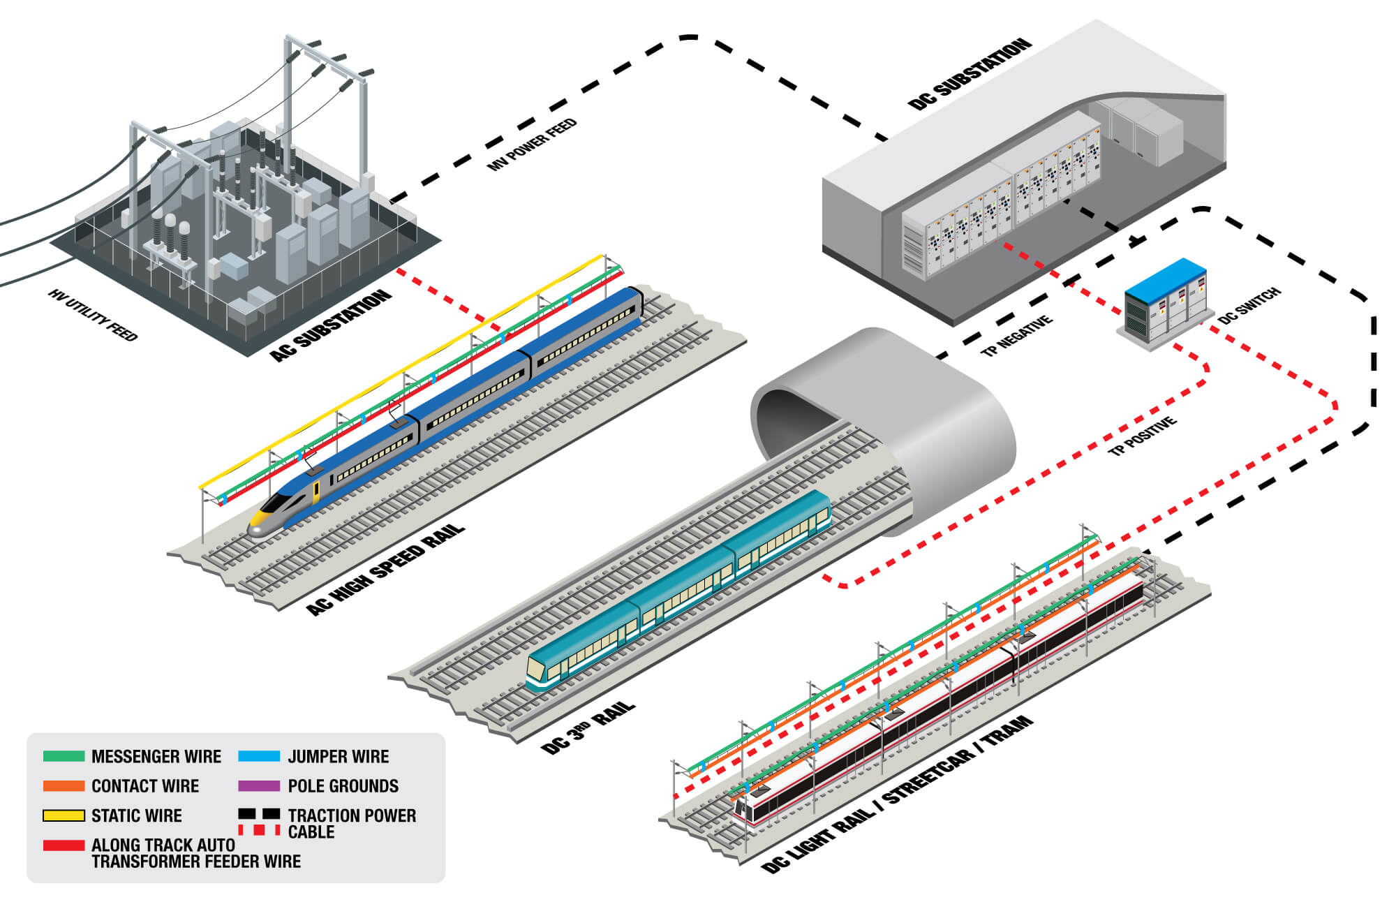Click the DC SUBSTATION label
(970, 74)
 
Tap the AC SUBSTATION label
(331, 325)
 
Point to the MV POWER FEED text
(532, 145)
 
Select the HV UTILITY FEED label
(93, 316)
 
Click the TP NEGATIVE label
(1016, 336)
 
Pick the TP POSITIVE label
(1142, 436)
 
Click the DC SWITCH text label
(1249, 306)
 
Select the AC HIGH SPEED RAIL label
(385, 569)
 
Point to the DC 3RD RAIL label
(588, 728)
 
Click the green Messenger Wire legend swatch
(64, 756)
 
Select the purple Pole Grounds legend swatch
(259, 785)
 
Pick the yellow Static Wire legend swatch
(64, 815)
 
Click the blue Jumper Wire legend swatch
(259, 756)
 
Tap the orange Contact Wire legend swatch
(64, 785)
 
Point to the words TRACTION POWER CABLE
(351, 823)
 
